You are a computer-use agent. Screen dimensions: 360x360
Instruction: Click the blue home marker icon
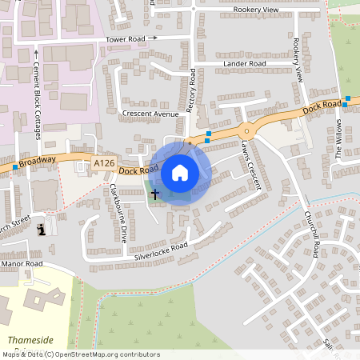click(180, 173)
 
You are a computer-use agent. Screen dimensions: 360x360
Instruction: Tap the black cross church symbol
click(155, 194)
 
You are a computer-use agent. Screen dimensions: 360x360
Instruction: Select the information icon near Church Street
click(42, 230)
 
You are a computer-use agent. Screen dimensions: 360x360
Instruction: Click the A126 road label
click(103, 163)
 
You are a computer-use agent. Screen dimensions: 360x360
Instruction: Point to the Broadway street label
click(38, 162)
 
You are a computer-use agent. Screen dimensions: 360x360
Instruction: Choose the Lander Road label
click(246, 63)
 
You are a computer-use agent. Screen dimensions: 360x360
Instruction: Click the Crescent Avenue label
click(150, 114)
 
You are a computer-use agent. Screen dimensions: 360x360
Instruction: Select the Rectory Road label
click(191, 90)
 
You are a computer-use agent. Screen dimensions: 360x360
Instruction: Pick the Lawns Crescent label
click(251, 165)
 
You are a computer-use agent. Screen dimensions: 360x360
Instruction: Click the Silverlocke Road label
click(160, 251)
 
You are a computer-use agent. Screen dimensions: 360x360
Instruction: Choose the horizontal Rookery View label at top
click(256, 10)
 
